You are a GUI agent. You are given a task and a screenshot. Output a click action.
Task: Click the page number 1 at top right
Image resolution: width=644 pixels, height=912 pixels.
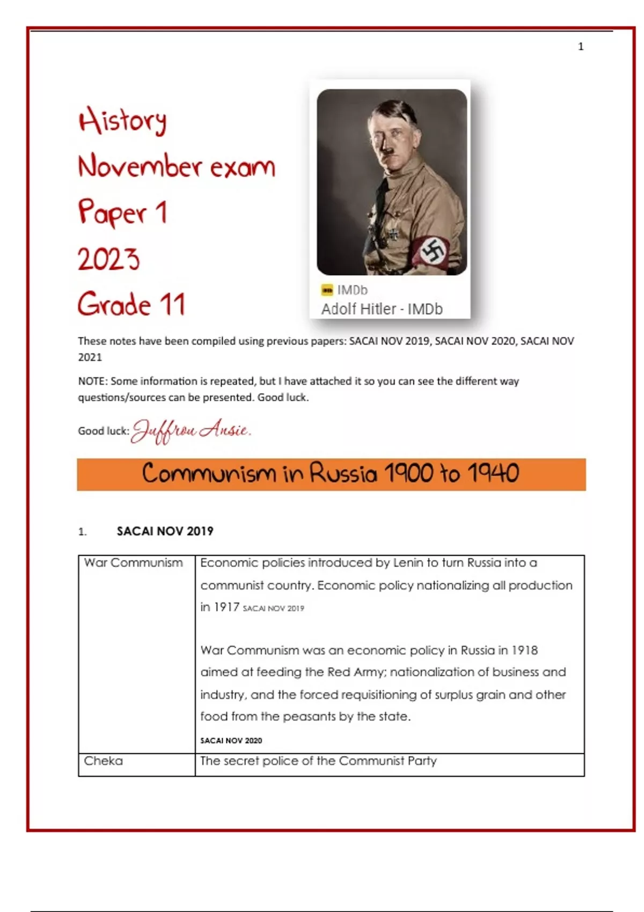point(580,47)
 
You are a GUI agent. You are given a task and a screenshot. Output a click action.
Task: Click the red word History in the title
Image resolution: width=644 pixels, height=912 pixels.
point(122,121)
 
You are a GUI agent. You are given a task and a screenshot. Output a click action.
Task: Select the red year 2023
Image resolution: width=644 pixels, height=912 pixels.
point(109,260)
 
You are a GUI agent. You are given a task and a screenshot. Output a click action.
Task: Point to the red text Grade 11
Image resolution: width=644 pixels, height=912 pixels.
point(131,305)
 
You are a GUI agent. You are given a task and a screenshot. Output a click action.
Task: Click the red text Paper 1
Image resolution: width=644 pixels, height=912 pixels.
point(123,212)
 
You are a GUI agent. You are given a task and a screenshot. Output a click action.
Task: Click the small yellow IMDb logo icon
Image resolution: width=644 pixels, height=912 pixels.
point(327,290)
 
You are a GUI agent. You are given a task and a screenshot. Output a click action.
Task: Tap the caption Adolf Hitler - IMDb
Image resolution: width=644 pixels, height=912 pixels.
point(382,309)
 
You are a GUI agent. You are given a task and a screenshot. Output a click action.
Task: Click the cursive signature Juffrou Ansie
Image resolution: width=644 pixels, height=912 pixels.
point(191,430)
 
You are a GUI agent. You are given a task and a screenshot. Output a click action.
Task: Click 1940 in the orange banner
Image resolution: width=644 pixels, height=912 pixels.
point(493,474)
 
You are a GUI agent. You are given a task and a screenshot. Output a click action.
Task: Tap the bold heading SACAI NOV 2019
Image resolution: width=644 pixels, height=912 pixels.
point(165,531)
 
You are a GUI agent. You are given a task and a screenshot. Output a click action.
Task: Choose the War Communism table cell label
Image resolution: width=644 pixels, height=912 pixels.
point(133,563)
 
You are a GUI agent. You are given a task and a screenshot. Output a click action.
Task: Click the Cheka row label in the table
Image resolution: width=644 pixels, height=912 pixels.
point(103,761)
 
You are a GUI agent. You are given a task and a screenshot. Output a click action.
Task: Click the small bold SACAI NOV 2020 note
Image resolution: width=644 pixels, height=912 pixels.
point(231,740)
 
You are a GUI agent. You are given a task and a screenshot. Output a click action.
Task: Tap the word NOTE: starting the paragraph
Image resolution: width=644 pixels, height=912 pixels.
point(93,381)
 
